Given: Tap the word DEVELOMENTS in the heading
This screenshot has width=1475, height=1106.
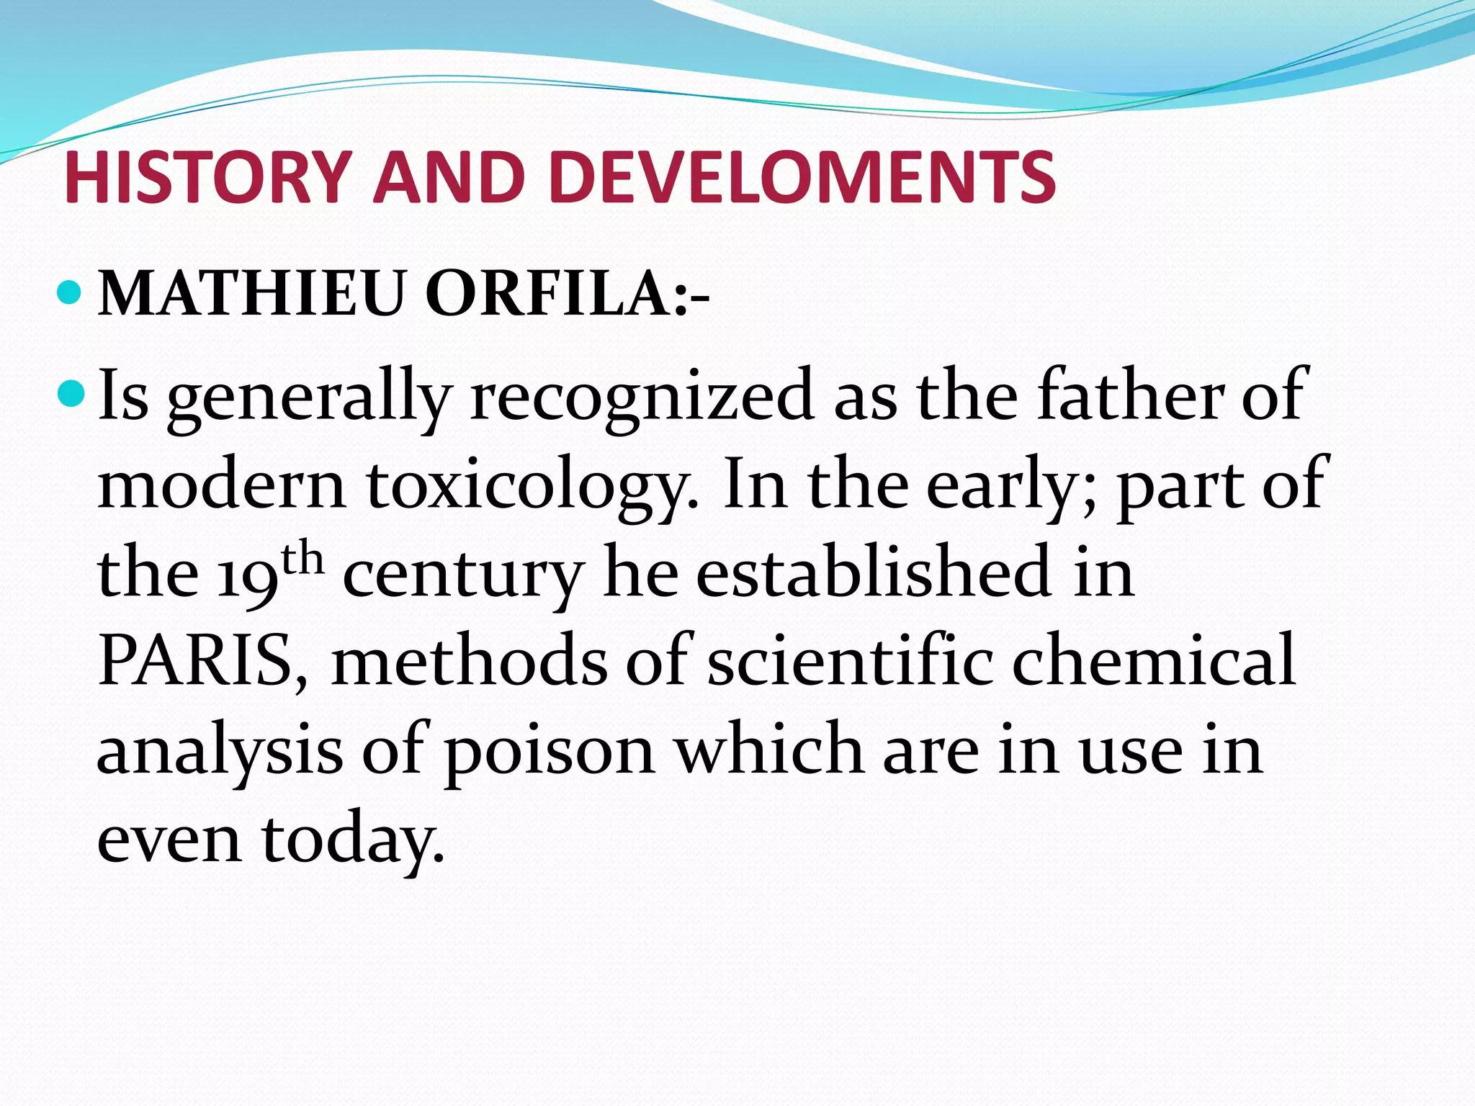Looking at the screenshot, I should click(802, 178).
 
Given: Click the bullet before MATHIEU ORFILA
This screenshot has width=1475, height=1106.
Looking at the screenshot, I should click(70, 292).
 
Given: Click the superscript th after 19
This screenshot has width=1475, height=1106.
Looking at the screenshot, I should click(303, 558).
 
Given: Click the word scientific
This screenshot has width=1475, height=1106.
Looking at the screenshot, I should click(850, 660).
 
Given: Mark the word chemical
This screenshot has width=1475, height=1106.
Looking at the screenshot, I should click(1153, 660).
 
